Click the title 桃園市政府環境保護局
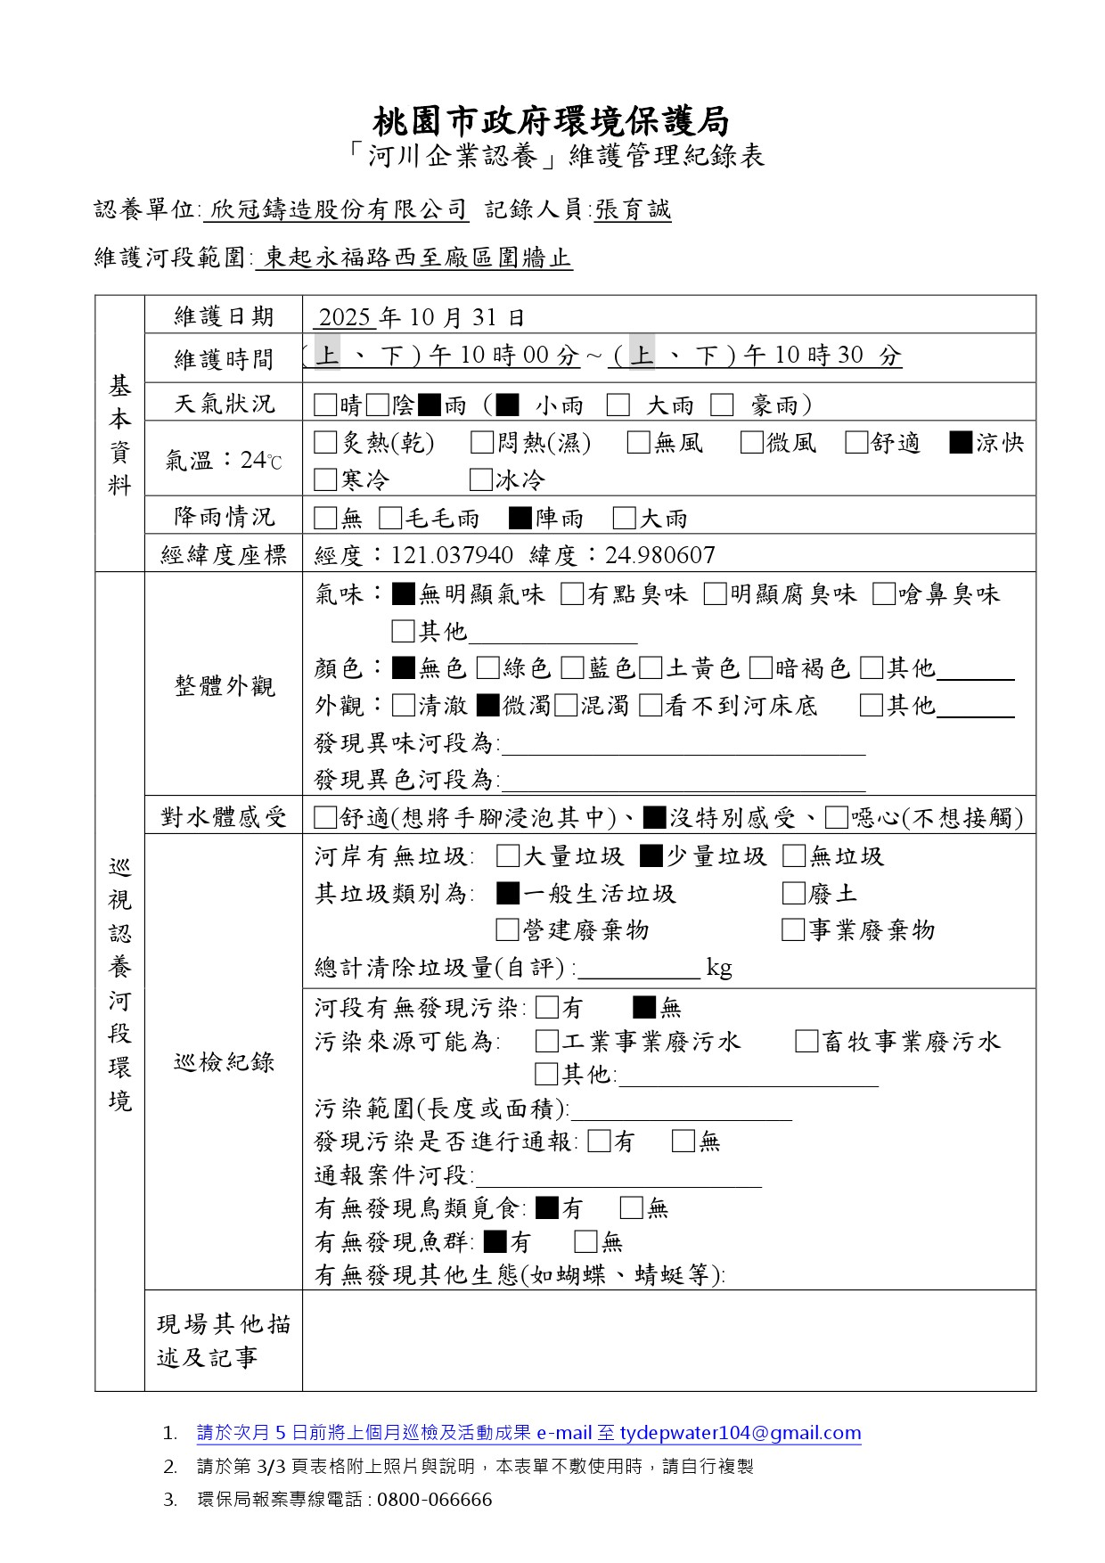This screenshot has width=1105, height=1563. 551,120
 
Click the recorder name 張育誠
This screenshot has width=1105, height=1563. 633,209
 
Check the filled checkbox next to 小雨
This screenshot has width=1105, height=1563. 508,405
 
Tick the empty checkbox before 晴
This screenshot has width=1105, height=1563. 325,405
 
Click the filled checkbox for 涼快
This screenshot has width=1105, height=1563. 961,443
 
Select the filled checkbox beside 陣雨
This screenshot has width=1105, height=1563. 520,518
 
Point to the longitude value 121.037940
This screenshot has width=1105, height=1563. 452,555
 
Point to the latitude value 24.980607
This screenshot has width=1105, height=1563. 659,555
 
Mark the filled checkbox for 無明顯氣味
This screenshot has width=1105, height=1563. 403,593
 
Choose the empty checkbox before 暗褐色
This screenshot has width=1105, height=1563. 760,668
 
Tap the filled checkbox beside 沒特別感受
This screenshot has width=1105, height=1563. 654,817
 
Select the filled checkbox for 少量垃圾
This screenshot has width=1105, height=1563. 651,856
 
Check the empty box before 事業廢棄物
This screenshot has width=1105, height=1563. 792,930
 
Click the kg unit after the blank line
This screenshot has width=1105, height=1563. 719,968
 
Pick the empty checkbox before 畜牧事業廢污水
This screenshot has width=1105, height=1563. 806,1041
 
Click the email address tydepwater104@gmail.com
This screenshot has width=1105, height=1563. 740,1433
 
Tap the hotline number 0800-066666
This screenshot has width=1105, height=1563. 434,1499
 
